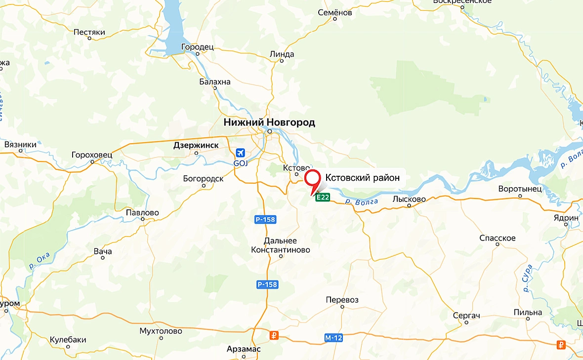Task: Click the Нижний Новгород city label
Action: [269, 122]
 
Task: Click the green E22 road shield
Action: [323, 198]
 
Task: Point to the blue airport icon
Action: [240, 153]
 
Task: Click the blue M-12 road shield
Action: [333, 338]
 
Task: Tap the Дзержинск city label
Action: [196, 146]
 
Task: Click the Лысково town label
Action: [409, 199]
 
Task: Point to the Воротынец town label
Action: [520, 189]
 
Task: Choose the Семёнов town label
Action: [335, 12]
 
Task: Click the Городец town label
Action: [197, 47]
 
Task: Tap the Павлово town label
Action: [142, 212]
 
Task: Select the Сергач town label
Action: [466, 315]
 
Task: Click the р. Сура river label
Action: [526, 279]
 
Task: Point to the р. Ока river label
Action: [40, 259]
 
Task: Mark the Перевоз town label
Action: [342, 300]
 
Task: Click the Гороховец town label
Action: [92, 155]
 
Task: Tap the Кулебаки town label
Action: [68, 340]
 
